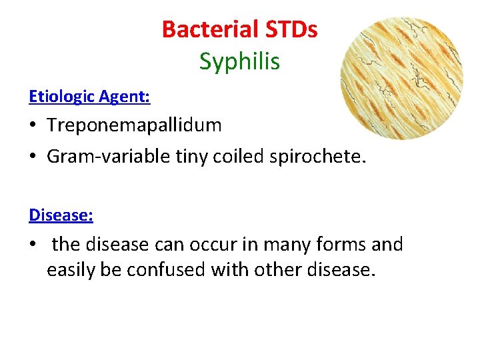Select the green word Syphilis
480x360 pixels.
point(239,61)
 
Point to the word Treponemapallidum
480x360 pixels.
point(134,125)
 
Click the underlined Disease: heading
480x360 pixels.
point(61,215)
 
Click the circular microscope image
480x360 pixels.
point(401,78)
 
